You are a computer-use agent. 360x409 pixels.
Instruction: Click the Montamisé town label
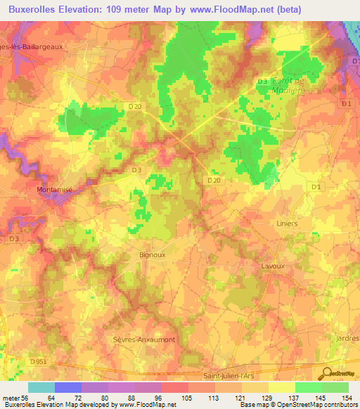click(55, 190)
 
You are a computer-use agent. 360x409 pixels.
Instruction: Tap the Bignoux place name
click(152, 255)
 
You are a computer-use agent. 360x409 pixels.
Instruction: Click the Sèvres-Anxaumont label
click(144, 339)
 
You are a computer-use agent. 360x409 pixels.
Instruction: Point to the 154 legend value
click(346, 398)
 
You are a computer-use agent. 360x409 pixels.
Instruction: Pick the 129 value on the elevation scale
click(267, 398)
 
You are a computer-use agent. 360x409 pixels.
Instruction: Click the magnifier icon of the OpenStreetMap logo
click(326, 373)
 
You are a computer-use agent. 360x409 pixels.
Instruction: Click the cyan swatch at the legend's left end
click(41, 387)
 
